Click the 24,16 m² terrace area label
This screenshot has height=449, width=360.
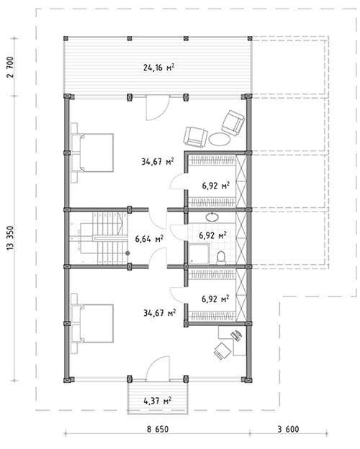click(158, 68)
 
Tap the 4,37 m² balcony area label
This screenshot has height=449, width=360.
click(158, 400)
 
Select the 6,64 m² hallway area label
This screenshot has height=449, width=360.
click(149, 238)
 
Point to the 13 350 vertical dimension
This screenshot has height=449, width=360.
click(10, 238)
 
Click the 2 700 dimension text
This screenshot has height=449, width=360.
click(10, 68)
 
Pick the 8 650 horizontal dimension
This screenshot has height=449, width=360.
click(158, 430)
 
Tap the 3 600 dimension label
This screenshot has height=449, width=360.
click(288, 430)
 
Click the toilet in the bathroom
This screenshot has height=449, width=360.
click(221, 257)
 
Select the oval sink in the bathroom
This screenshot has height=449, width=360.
click(212, 217)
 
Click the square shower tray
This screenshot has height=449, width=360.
click(199, 253)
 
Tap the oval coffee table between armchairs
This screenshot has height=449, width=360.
click(220, 139)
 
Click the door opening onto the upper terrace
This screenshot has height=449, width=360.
click(157, 108)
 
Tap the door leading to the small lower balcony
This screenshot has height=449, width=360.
click(158, 369)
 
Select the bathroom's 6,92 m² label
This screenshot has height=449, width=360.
click(213, 235)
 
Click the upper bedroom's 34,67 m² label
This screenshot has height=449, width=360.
click(158, 161)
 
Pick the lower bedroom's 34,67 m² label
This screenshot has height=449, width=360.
click(160, 313)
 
